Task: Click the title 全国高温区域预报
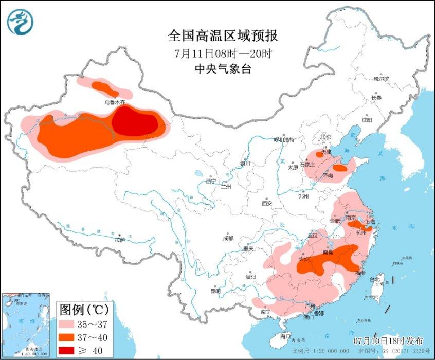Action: (223, 35)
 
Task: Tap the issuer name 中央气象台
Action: (223, 68)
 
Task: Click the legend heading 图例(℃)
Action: (83, 310)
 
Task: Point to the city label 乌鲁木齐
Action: (115, 102)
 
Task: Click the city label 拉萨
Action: (119, 239)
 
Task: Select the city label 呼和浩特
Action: (283, 139)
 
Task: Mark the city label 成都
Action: (228, 238)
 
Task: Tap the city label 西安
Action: (266, 203)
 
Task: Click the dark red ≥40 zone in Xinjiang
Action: (135, 123)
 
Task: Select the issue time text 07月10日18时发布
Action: (389, 341)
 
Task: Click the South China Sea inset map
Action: (26, 325)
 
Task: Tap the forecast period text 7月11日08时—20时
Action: (223, 53)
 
